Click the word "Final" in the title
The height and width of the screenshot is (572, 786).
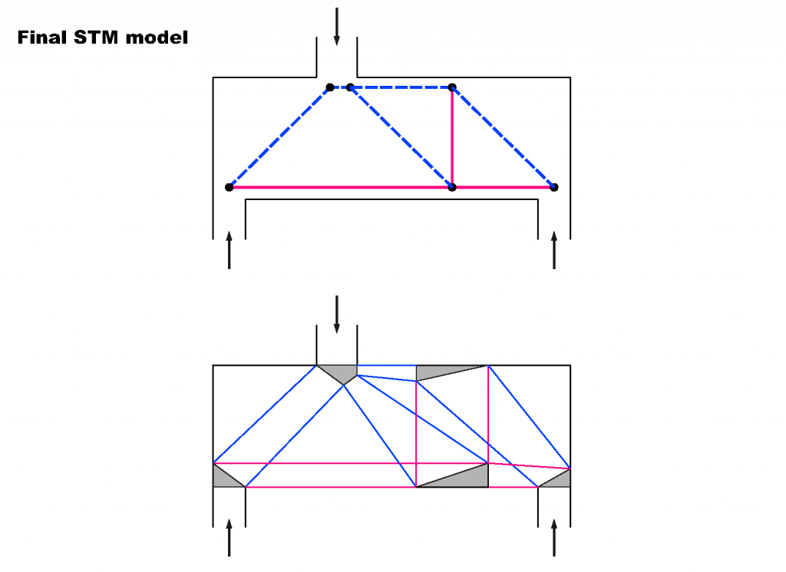click(42, 38)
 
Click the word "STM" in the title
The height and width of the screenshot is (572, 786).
click(96, 38)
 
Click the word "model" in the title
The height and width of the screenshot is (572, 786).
click(157, 38)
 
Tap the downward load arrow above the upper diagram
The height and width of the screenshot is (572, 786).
click(337, 27)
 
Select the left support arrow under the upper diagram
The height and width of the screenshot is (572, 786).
click(229, 250)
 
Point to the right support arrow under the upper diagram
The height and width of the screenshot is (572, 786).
click(554, 250)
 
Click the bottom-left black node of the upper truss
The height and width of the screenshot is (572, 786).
click(229, 187)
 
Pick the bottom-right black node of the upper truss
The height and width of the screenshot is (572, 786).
click(554, 187)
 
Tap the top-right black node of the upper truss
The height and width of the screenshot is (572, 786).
click(452, 87)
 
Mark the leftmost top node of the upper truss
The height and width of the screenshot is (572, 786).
click(330, 87)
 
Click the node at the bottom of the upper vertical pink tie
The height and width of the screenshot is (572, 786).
click(452, 187)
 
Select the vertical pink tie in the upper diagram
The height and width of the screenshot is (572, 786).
click(452, 137)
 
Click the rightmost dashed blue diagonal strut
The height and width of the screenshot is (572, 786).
click(503, 137)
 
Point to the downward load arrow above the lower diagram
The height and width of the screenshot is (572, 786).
click(337, 314)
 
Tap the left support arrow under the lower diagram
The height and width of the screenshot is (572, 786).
click(229, 537)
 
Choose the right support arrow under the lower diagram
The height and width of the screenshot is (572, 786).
click(554, 537)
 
